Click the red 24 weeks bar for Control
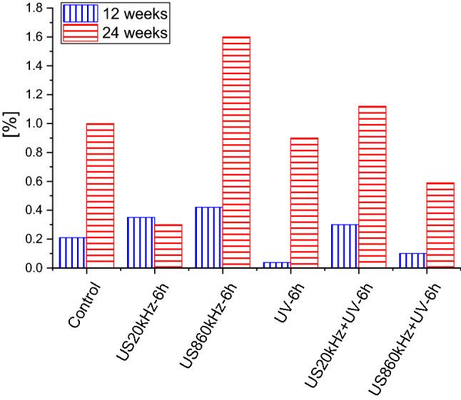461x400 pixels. tap(100, 195)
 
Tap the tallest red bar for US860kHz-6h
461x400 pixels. tap(236, 152)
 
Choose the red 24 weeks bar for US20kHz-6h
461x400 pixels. tap(168, 246)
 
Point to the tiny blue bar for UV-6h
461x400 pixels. tap(277, 265)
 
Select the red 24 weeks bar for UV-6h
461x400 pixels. tap(304, 202)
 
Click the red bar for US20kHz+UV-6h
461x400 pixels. tap(372, 187)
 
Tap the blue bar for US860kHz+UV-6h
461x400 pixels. tap(412, 260)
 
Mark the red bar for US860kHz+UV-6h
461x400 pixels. tap(440, 225)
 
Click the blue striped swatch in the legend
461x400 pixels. tap(80, 13)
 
